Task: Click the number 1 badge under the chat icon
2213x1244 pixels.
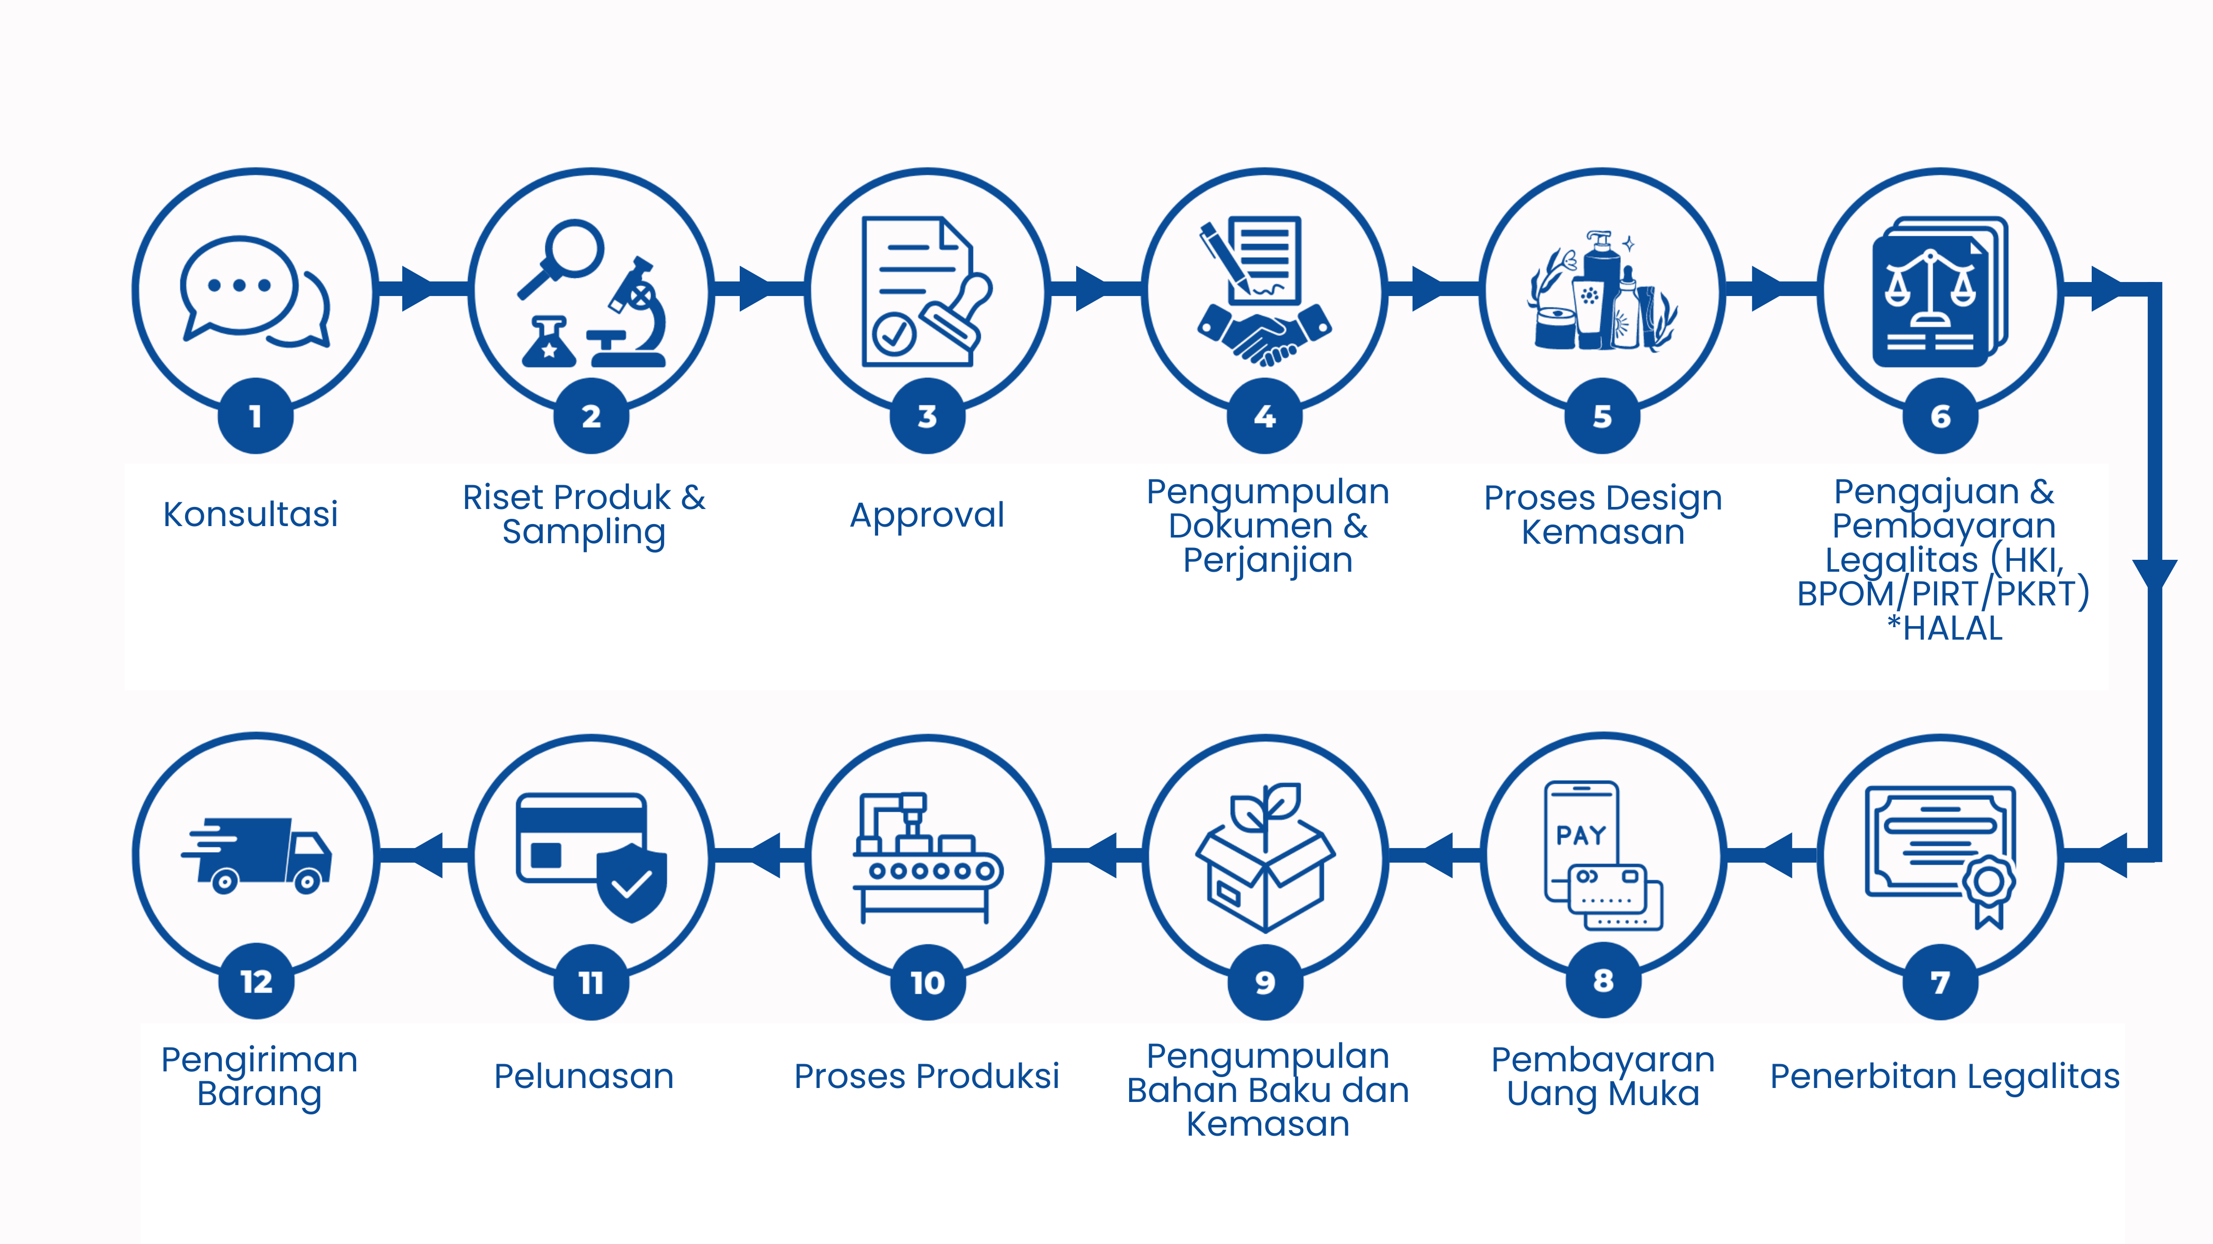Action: pyautogui.click(x=255, y=416)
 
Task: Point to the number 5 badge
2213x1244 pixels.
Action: pyautogui.click(x=1602, y=416)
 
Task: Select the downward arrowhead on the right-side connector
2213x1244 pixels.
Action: pyautogui.click(x=2154, y=574)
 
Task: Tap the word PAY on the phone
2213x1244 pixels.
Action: pyautogui.click(x=1581, y=835)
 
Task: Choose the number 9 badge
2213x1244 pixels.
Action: pyautogui.click(x=1264, y=982)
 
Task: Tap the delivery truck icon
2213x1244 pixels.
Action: pyautogui.click(x=258, y=854)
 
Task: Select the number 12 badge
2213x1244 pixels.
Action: pyautogui.click(x=256, y=981)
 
